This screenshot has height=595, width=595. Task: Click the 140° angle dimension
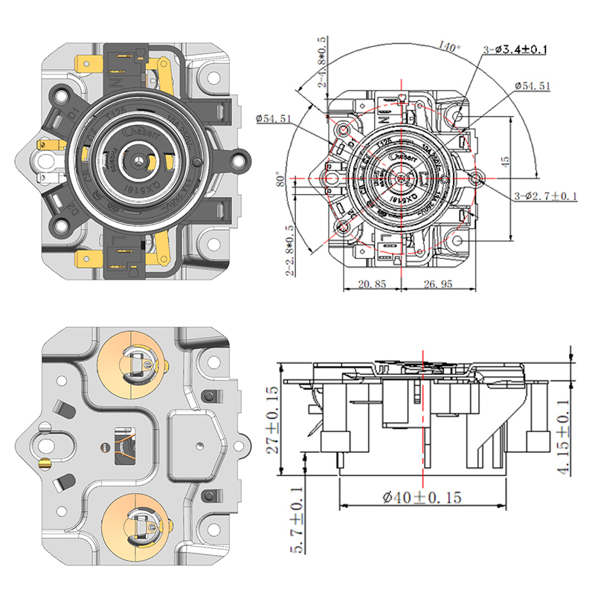pos(450,47)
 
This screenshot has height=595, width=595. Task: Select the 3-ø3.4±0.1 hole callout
pos(515,50)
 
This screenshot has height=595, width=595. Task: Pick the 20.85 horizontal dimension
pos(371,283)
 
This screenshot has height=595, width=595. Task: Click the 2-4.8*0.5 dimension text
pos(322,62)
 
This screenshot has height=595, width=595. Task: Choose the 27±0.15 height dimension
pos(272,420)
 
